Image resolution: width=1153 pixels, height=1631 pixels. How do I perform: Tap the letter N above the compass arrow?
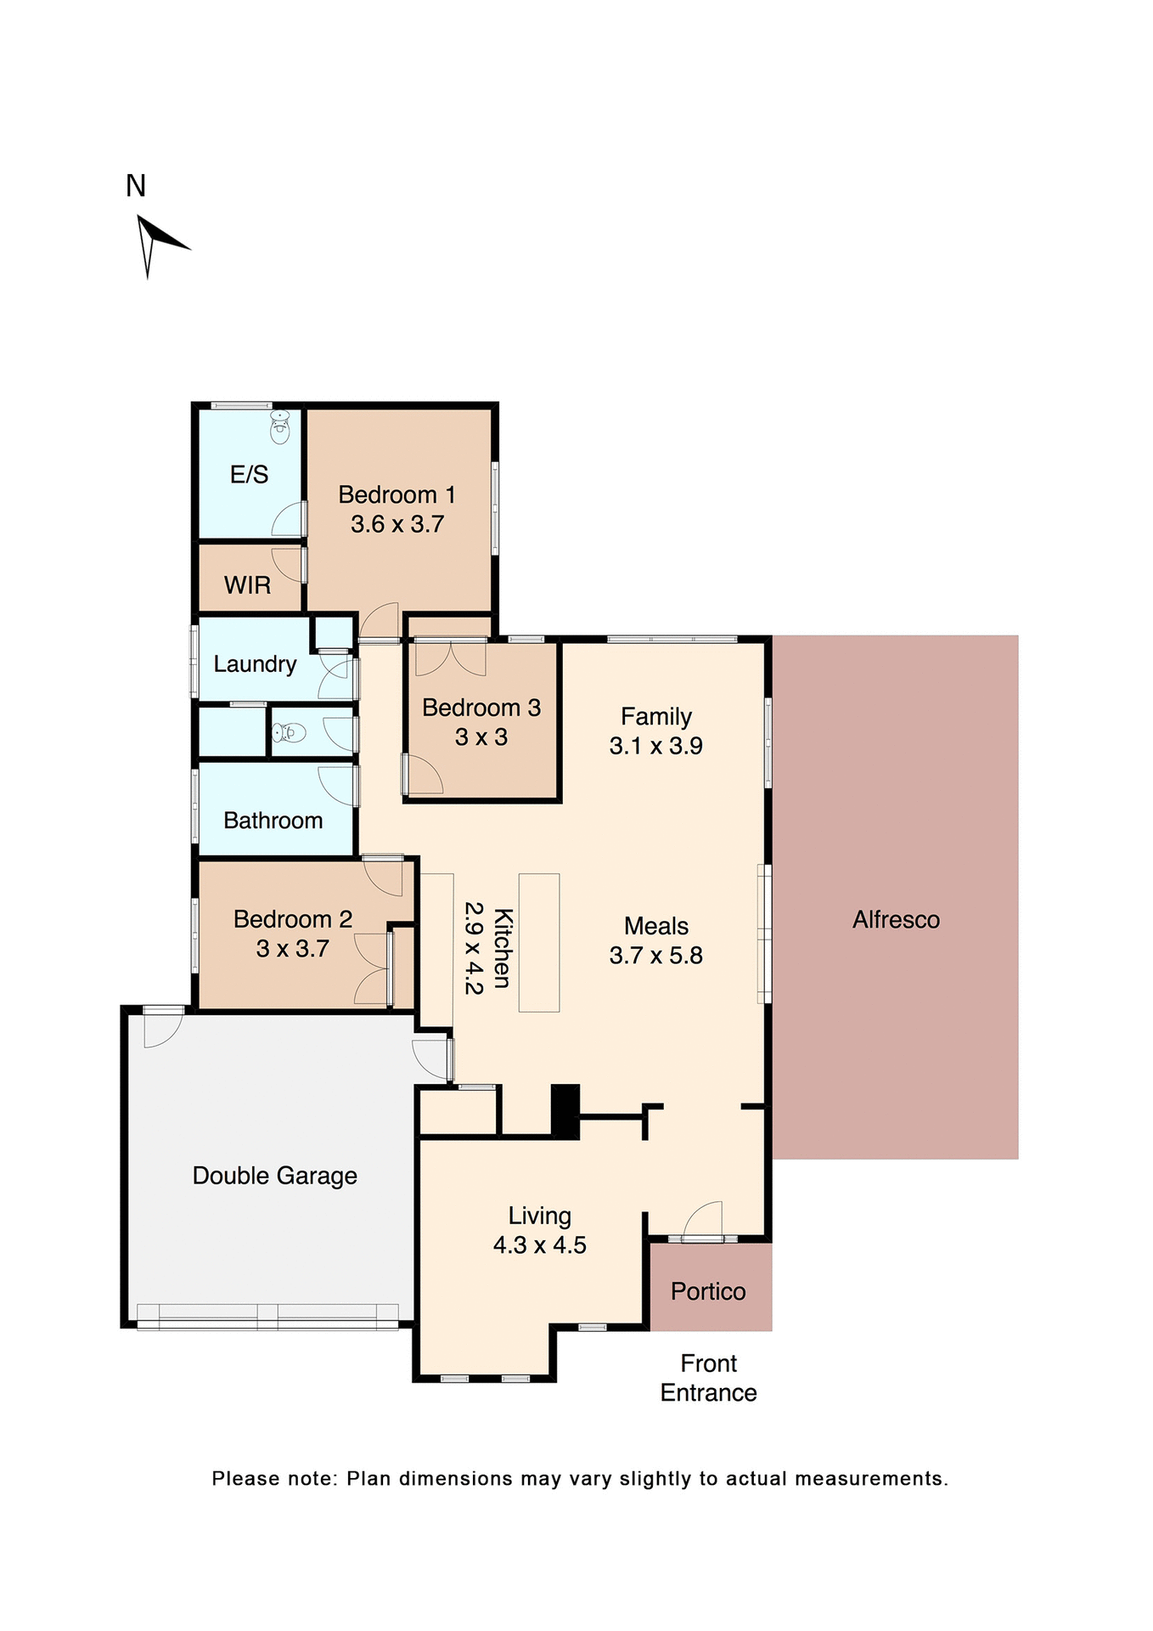(136, 186)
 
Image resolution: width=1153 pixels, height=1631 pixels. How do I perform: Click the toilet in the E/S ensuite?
(280, 427)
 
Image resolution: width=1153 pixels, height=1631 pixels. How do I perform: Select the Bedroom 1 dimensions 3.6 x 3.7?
(397, 524)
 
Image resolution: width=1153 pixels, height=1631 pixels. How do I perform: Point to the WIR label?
(247, 585)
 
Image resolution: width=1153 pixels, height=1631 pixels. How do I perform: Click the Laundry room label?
(255, 664)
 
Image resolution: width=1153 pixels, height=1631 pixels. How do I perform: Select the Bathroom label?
(273, 821)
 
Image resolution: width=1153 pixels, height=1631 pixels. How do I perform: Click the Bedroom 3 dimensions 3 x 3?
(481, 737)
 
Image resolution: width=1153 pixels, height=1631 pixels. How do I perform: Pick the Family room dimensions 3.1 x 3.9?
(655, 746)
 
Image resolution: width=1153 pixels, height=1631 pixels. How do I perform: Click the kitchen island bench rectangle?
(539, 942)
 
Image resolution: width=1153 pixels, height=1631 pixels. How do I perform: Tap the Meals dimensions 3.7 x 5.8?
(655, 956)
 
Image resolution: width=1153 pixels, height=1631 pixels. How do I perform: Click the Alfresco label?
(896, 920)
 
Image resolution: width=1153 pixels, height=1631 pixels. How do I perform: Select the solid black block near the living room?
(565, 1111)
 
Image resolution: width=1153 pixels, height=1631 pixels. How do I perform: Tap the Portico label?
(708, 1292)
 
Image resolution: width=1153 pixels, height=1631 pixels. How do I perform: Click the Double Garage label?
(274, 1176)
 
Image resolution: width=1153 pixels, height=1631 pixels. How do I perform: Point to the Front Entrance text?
(708, 1378)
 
